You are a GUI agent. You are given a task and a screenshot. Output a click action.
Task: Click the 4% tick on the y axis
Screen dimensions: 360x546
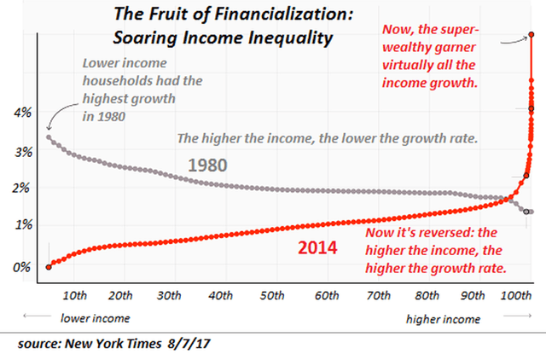point(20,113)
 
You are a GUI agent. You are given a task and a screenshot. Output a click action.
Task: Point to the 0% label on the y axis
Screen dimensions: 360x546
point(20,267)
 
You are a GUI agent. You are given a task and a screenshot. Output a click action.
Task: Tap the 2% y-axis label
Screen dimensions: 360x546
point(20,189)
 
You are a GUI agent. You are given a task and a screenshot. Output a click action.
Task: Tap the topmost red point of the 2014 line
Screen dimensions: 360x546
point(531,35)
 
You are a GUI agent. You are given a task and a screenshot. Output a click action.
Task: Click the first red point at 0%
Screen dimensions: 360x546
point(48,267)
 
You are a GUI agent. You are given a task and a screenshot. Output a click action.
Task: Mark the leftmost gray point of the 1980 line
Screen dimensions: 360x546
point(48,136)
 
